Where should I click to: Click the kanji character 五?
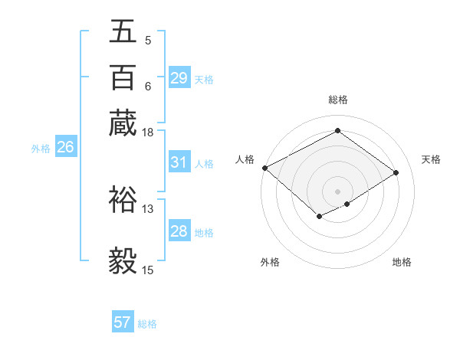[x=123, y=33]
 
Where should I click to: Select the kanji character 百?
[x=123, y=77]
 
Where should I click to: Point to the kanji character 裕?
[x=123, y=198]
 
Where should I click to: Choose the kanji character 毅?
[x=123, y=260]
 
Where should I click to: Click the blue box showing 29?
[x=179, y=78]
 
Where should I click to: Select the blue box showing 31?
[x=179, y=162]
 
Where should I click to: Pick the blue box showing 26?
[x=65, y=148]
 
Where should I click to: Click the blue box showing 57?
[x=123, y=322]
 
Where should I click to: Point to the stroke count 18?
[x=148, y=133]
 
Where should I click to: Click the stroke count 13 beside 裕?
[x=148, y=208]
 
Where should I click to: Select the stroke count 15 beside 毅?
[x=148, y=270]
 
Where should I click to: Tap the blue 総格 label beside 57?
[x=147, y=324]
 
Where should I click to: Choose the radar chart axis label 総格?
[x=337, y=100]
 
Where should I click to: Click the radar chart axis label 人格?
[x=245, y=159]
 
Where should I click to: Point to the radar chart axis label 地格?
[x=402, y=262]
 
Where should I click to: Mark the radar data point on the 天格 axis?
[x=396, y=173]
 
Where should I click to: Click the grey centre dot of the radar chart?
[x=337, y=191]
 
